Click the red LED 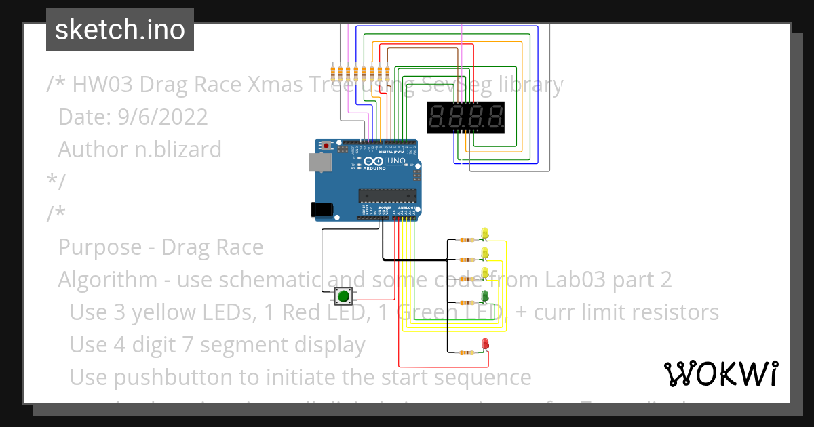click(485, 344)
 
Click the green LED click(484, 297)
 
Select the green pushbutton click(344, 296)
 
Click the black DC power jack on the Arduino click(322, 210)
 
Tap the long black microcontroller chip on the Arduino click(387, 197)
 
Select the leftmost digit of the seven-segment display click(438, 117)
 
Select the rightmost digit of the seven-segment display click(495, 117)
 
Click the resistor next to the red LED click(466, 352)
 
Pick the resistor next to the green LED click(466, 303)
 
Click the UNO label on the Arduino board click(395, 161)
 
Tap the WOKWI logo click(720, 373)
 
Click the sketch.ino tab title click(120, 30)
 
